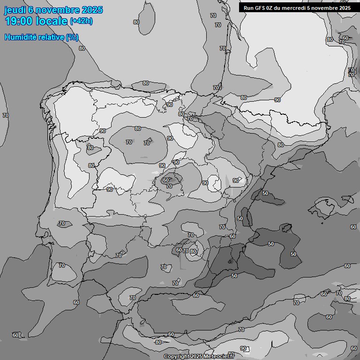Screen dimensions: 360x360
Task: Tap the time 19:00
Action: point(21,21)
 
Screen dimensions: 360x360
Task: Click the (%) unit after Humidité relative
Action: point(72,37)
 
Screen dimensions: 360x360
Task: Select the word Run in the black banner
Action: point(248,8)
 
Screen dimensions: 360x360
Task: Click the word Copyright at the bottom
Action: point(176,357)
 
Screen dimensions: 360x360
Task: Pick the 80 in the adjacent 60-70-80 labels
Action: point(193,251)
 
